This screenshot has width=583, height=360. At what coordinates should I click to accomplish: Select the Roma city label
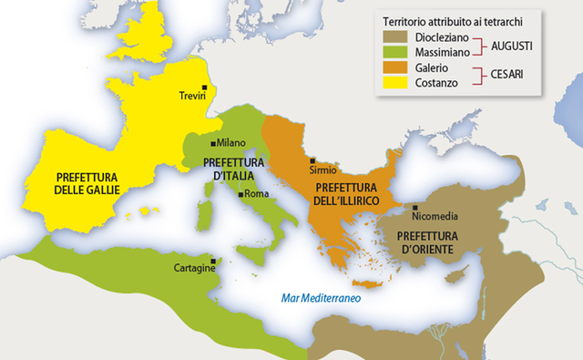tap(254, 194)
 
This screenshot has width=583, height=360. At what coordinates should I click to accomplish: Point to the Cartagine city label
tap(194, 268)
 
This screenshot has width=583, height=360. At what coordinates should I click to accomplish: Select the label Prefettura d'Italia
tap(233, 168)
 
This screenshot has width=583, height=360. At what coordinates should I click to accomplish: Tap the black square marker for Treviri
tap(206, 85)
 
